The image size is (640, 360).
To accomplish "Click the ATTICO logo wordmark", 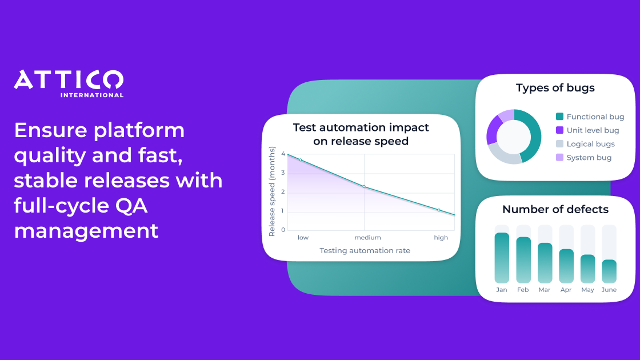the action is point(69,79).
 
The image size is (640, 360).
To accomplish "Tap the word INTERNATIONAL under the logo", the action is point(92,95).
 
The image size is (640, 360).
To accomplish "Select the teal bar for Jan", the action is point(502,258).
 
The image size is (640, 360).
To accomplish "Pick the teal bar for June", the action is point(609,271).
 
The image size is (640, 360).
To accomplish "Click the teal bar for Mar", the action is point(545,263).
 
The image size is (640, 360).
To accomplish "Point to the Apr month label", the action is point(566,290).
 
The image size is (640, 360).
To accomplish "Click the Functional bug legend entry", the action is point(590,117).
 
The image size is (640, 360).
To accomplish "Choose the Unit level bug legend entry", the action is point(588,130).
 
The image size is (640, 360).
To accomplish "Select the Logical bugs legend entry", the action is point(585,143).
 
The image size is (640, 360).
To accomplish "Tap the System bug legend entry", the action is point(583,158).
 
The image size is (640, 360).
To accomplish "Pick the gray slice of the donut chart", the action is point(503,155).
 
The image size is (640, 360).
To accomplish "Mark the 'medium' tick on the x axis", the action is point(368,238).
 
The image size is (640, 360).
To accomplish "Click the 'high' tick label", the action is point(441,238).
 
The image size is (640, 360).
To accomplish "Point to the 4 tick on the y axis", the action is point(283,154).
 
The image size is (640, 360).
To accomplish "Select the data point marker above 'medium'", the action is point(364,186).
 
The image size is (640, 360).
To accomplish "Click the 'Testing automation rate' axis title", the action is point(365,251).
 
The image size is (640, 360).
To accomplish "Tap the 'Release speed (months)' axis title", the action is point(272,191).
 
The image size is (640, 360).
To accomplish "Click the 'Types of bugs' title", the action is point(555,88).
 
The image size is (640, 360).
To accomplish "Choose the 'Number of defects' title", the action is point(555,209).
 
